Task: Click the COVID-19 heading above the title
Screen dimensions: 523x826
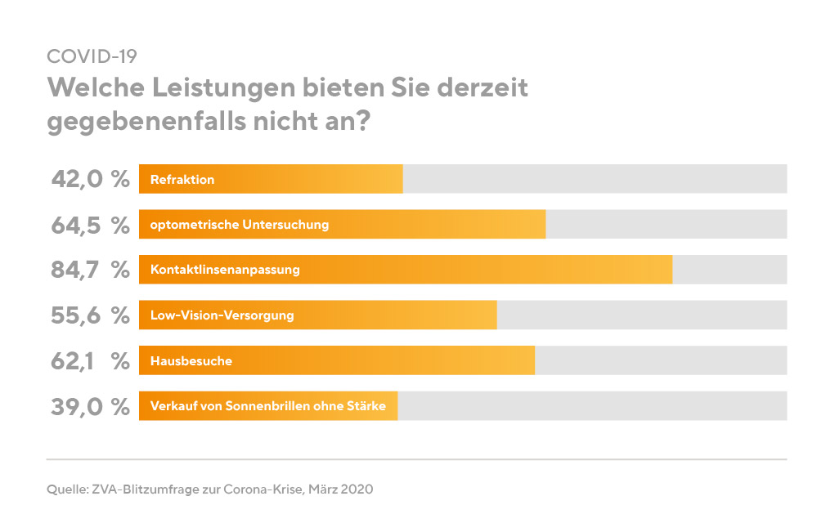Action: [92, 56]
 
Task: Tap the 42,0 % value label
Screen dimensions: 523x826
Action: [90, 179]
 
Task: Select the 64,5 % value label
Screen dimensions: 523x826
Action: [90, 225]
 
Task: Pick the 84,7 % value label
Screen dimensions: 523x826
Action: [90, 270]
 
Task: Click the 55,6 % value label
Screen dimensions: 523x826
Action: [90, 315]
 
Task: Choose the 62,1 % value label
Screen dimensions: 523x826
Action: [90, 360]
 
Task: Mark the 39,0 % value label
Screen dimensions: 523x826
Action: [90, 406]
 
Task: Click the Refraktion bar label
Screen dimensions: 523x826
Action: [182, 179]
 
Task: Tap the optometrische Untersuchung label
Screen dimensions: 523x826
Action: [240, 225]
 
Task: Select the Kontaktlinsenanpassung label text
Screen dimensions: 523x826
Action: [225, 270]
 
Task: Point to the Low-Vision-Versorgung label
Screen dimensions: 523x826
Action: [222, 315]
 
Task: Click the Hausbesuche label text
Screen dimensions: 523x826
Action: [191, 360]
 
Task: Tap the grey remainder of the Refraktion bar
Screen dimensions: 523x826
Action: [595, 179]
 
